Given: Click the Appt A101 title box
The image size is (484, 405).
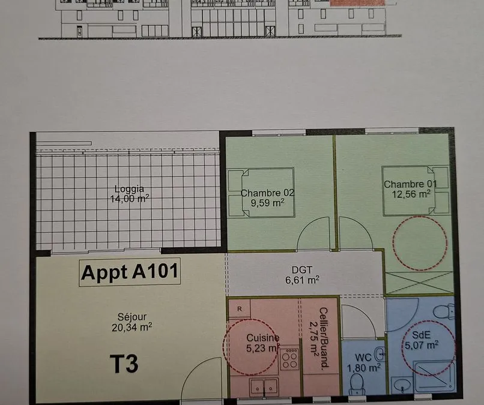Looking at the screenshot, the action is [130, 272].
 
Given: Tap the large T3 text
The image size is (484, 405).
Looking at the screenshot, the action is [124, 364].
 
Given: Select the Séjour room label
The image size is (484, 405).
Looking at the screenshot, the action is [132, 317].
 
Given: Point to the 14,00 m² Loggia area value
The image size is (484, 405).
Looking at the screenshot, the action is [130, 199].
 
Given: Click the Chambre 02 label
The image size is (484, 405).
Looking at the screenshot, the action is [267, 193].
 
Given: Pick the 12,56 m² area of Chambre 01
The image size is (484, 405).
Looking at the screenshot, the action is [411, 194].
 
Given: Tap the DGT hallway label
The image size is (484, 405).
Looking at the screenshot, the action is [302, 270].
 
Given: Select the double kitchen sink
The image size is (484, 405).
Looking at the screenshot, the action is [264, 386].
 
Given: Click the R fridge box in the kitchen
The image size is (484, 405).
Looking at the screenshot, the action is [240, 308].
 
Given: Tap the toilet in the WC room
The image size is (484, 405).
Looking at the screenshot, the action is [357, 384].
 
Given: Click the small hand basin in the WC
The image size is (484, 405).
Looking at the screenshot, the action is [380, 354].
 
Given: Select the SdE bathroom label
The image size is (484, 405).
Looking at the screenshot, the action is [421, 335].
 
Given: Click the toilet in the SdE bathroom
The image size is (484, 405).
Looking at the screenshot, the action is [444, 311].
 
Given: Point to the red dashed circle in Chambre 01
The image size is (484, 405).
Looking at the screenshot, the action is [420, 244].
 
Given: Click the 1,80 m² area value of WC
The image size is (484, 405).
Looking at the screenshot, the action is [363, 368].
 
